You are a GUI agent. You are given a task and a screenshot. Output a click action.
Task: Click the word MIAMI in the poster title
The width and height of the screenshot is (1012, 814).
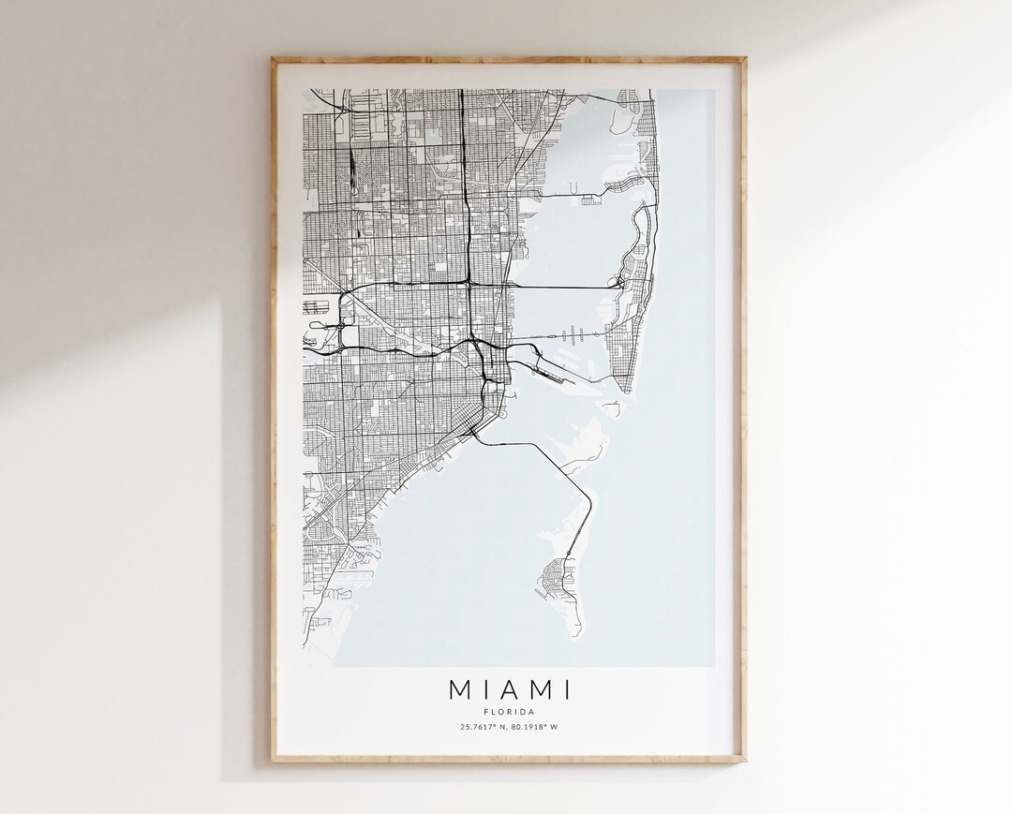click(x=510, y=690)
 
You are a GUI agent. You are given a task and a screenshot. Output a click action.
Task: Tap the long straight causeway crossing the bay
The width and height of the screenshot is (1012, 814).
click(x=562, y=286)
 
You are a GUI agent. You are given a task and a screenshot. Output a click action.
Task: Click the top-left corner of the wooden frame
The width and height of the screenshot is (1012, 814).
click(x=275, y=60)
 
